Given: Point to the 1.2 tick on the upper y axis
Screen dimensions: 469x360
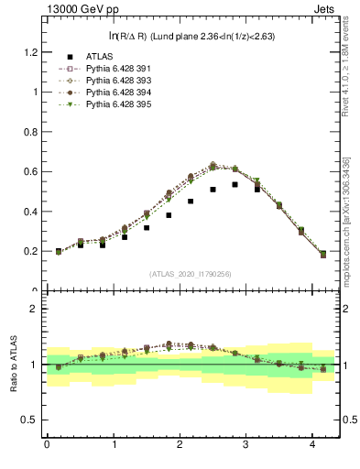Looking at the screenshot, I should click(31, 52).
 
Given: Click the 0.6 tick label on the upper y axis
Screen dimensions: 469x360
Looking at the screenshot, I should click(31, 171).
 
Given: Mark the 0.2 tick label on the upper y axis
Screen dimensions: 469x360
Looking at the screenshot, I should click(31, 251).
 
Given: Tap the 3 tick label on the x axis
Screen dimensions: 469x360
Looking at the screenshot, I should click(246, 445).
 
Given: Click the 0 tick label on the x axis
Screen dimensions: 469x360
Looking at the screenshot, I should click(47, 445).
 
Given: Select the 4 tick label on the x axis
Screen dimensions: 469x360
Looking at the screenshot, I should click(312, 445).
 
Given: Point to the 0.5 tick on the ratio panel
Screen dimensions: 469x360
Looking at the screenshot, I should click(31, 420).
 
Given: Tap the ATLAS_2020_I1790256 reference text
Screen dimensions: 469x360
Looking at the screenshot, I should click(190, 273).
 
